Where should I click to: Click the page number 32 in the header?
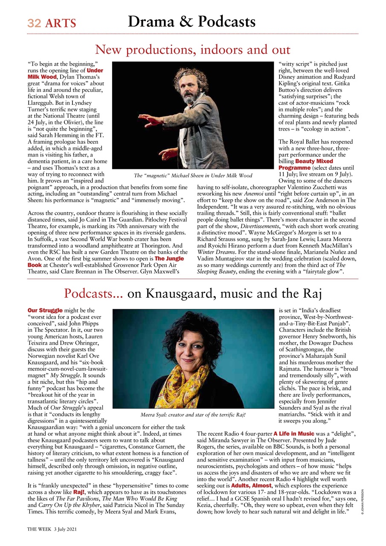34,23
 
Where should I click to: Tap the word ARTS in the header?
61,23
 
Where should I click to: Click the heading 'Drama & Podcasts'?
192,21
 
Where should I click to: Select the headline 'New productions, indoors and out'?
192,50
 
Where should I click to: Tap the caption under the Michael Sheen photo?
193,175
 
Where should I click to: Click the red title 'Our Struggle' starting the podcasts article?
45,310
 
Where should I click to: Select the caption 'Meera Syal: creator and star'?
193,414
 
